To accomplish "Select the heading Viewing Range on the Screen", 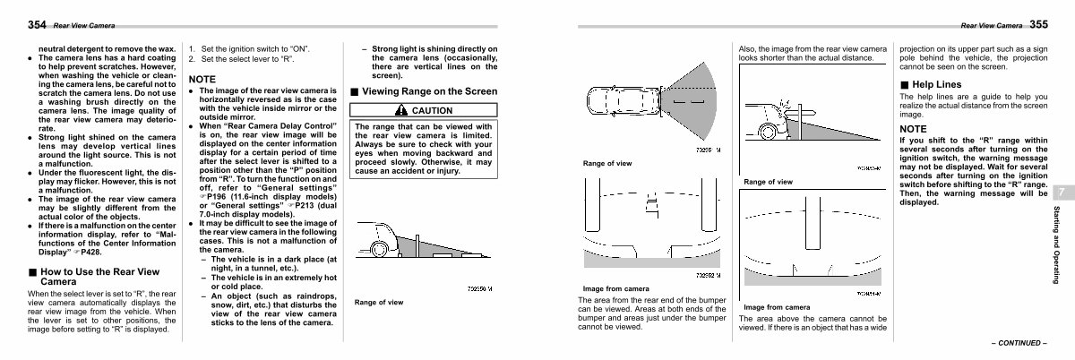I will [428, 91].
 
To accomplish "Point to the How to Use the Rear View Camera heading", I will [96, 276].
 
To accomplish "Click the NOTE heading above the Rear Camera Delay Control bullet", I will [203, 80].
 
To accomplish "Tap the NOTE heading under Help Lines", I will [915, 129].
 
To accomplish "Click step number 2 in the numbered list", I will [191, 59].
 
